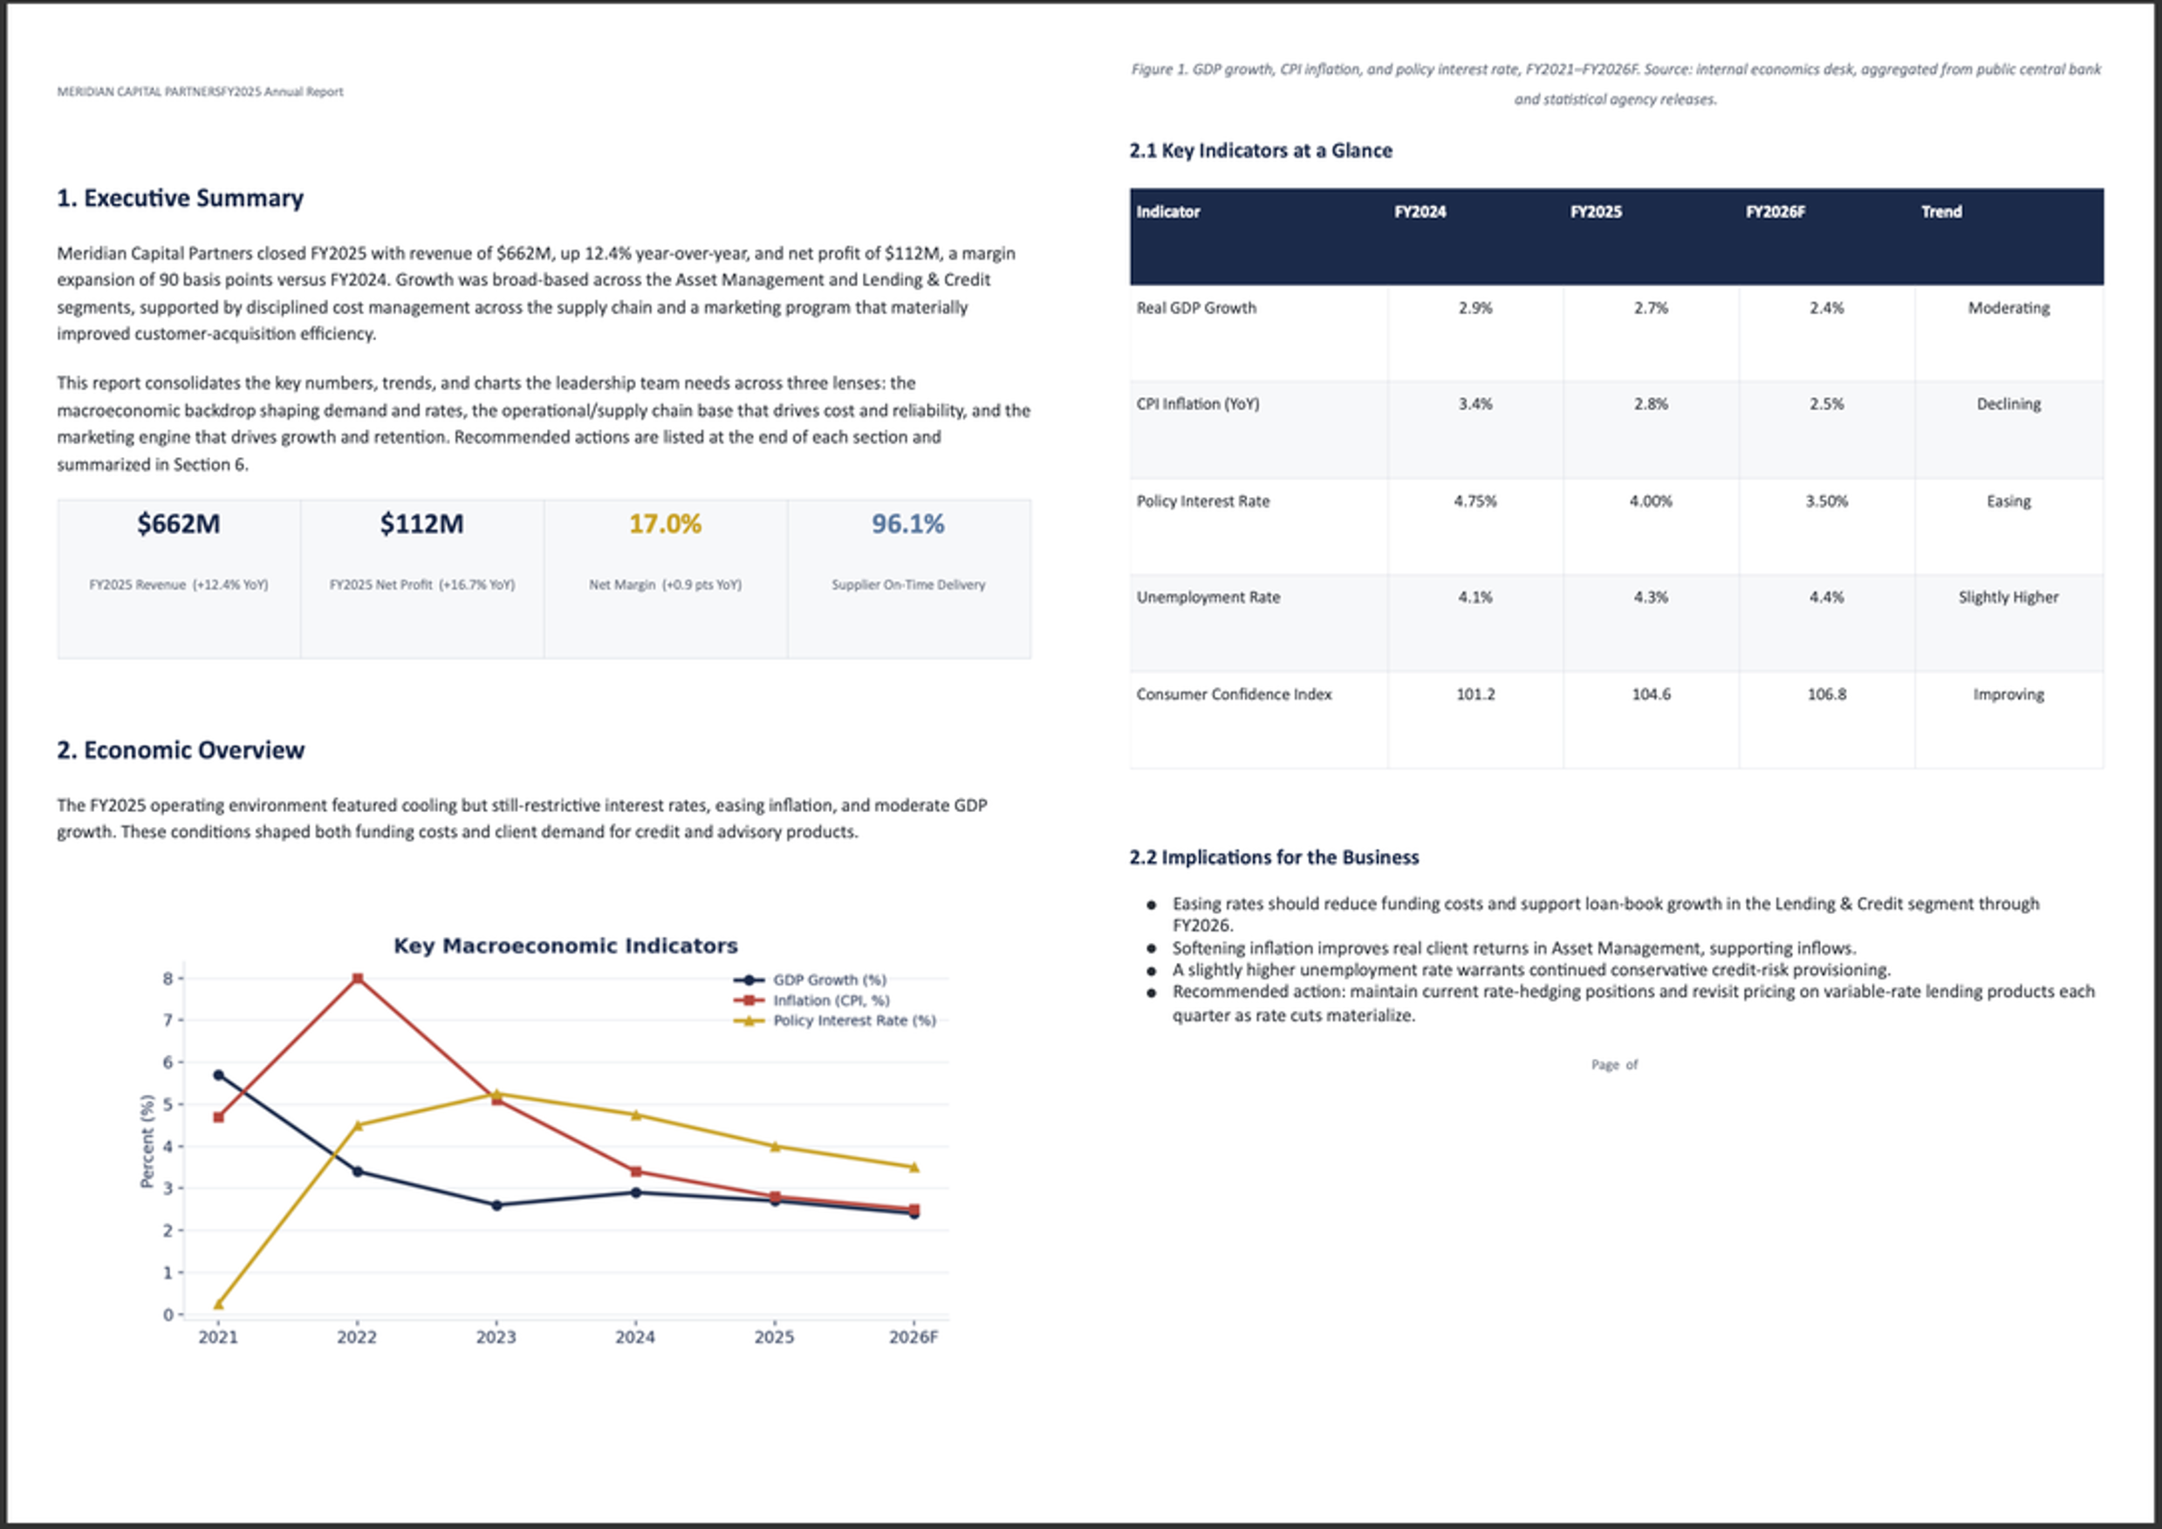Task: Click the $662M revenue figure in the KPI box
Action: [x=179, y=523]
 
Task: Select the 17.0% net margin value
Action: [x=665, y=523]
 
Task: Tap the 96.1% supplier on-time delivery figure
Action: [x=907, y=523]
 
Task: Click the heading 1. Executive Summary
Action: [x=180, y=198]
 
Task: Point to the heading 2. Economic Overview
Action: [x=181, y=749]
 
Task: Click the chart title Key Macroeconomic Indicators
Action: [x=565, y=945]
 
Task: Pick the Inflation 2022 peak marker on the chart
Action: [x=357, y=979]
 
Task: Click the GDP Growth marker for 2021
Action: [x=218, y=1075]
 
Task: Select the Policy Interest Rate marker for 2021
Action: [x=218, y=1304]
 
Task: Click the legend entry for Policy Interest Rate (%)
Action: [x=835, y=1020]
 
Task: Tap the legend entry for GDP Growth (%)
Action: [x=810, y=980]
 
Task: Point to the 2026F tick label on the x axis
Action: [x=913, y=1337]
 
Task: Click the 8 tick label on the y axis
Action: [x=168, y=979]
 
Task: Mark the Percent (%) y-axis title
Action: [x=146, y=1141]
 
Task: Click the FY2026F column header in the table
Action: [x=1775, y=212]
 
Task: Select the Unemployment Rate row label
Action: [x=1208, y=597]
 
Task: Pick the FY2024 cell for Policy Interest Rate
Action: [x=1474, y=501]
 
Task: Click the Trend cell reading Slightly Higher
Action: [x=2008, y=597]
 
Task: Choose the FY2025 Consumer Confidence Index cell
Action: [x=1651, y=694]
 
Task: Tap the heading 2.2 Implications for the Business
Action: [x=1274, y=857]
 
